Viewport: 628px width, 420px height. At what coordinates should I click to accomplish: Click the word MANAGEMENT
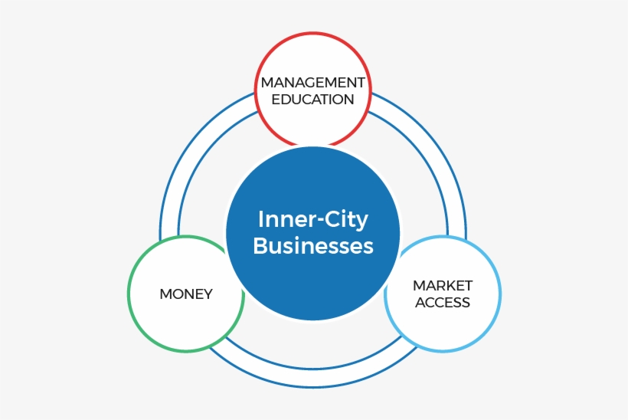click(x=312, y=82)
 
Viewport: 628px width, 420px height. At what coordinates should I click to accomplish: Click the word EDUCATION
click(x=312, y=100)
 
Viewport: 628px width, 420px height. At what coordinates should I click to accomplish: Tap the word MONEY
click(x=186, y=294)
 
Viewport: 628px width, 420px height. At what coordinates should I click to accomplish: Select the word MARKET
click(x=443, y=285)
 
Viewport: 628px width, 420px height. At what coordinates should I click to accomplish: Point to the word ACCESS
click(x=443, y=303)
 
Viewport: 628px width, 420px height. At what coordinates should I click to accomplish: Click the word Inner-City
click(x=312, y=220)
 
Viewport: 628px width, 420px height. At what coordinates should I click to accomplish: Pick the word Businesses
click(x=312, y=246)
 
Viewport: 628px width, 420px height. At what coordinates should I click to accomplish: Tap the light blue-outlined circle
click(x=443, y=330)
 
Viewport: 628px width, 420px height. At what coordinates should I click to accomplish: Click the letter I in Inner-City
click(x=260, y=220)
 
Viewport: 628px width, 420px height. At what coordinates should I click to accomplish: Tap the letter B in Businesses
click(x=259, y=246)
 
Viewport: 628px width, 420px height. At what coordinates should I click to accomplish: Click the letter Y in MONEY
click(x=208, y=294)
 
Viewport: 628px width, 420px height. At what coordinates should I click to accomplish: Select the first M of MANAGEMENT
click(x=266, y=82)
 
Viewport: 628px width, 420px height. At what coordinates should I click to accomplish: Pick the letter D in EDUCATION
click(x=285, y=100)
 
